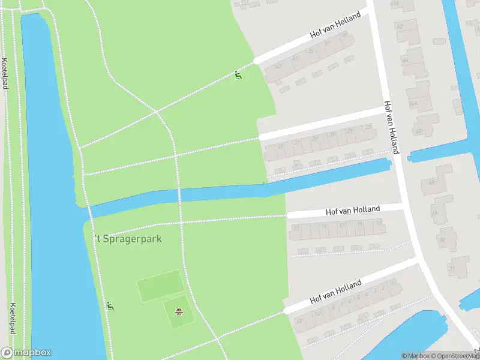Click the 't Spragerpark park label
(127, 238)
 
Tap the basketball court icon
(178, 311)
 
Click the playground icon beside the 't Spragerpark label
(110, 306)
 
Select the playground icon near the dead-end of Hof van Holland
(238, 75)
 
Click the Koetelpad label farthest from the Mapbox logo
(5, 73)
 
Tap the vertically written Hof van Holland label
(391, 127)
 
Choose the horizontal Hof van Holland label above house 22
(353, 210)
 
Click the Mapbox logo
(26, 353)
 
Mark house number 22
(295, 229)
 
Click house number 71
(452, 268)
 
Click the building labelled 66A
(413, 103)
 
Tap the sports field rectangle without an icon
(160, 286)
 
